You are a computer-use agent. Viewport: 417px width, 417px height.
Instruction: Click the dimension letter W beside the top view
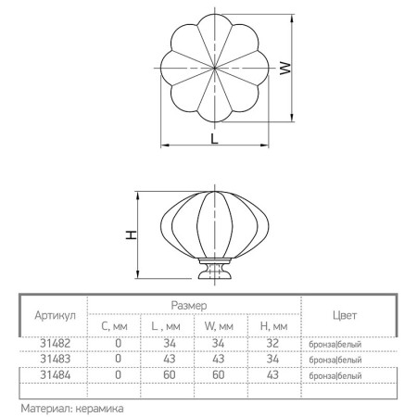click(285, 68)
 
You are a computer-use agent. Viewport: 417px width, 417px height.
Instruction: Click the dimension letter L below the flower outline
click(214, 139)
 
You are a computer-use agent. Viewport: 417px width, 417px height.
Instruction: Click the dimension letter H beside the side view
click(132, 235)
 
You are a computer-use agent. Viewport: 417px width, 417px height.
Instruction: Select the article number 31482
click(56, 343)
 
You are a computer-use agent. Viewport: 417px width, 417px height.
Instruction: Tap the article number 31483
click(56, 359)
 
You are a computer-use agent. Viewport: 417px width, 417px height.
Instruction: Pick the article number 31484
click(56, 375)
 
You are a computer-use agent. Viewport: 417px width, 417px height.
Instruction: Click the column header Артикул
click(55, 316)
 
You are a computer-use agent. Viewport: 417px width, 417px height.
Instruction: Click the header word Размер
click(189, 306)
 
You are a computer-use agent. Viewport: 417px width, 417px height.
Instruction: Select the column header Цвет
click(345, 315)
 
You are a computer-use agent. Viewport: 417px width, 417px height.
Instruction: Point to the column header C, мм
click(114, 326)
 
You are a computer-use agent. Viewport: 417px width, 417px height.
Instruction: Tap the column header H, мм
click(274, 326)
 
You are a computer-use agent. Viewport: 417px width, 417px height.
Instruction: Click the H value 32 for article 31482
click(272, 343)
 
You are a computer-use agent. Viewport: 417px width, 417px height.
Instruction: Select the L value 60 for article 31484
click(170, 375)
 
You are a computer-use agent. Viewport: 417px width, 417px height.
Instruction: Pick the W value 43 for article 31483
click(219, 359)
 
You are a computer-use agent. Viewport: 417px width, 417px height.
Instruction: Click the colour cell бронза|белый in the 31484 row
click(335, 376)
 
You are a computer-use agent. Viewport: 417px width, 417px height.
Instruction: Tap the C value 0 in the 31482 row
click(118, 343)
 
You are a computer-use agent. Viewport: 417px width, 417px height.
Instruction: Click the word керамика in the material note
click(99, 409)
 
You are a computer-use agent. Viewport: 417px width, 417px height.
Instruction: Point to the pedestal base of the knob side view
click(214, 269)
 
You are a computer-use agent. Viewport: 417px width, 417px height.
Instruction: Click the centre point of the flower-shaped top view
click(214, 68)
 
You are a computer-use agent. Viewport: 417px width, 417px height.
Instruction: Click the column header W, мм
click(219, 326)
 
